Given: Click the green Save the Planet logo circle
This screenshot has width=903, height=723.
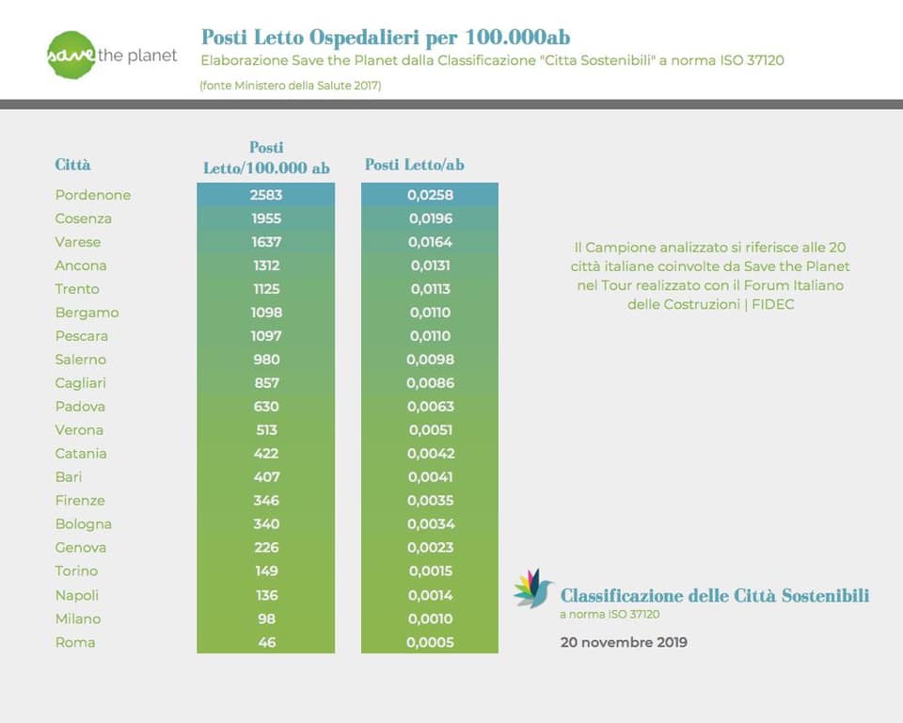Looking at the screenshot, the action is point(71,55).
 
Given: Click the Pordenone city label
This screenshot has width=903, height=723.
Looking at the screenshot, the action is point(93,195).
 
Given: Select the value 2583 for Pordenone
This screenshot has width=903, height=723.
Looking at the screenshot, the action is point(266,195).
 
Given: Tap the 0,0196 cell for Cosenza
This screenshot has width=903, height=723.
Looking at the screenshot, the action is point(430,218).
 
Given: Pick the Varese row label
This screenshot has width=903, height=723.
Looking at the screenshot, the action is point(78,242).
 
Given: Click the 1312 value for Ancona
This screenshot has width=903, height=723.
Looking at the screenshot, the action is point(266,265).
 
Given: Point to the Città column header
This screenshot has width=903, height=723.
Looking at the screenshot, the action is point(72,165).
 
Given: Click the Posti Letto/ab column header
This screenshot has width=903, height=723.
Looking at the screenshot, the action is point(415,165).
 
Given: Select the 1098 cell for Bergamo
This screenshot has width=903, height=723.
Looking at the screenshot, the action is point(266,313).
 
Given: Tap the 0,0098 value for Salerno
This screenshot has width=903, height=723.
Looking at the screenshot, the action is point(430,360).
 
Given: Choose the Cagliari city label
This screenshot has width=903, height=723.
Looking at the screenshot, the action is point(81,383).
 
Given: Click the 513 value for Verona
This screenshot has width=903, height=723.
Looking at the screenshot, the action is point(266,430).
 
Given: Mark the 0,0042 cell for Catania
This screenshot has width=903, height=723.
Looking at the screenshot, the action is point(431,454).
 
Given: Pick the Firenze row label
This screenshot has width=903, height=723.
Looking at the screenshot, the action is point(80,501).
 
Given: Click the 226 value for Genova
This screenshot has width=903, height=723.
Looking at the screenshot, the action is point(266,548).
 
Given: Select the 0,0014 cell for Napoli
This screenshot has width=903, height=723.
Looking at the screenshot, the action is point(430,596).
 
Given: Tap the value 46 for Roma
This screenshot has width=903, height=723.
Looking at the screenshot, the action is point(266,642).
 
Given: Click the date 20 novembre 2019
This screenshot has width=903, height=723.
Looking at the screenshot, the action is point(624,642).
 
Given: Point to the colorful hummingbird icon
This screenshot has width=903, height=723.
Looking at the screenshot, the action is point(532,588).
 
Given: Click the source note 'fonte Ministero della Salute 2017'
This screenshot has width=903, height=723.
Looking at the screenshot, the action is point(291,86).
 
